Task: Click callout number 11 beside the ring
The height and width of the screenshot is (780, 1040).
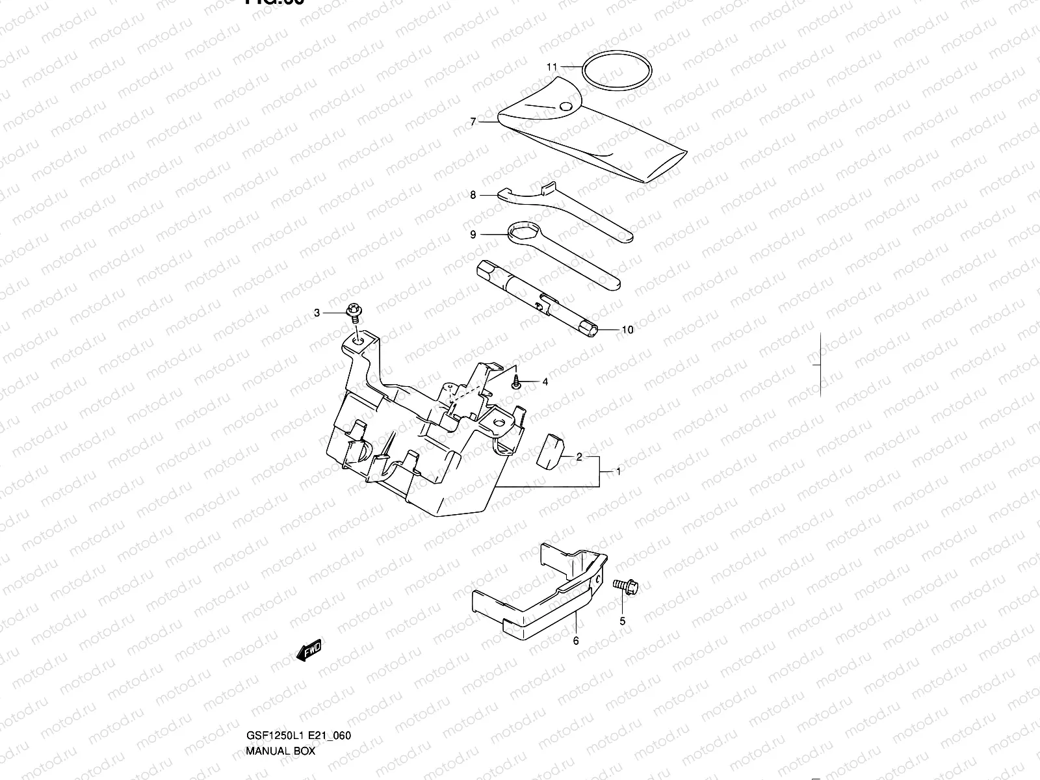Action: pos(552,67)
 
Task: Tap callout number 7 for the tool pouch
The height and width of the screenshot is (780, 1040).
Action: pos(473,122)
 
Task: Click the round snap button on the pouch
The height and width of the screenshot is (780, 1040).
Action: pos(565,106)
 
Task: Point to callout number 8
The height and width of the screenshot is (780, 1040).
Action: pos(473,194)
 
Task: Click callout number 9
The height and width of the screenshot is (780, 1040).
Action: pos(473,234)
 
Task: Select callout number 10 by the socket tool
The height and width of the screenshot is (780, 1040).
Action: pos(627,330)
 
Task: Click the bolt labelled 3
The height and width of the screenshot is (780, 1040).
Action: pos(356,312)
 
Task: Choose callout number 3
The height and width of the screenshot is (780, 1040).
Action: pos(317,313)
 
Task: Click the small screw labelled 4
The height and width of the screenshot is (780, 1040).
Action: pos(516,382)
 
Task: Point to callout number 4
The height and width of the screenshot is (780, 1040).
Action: pos(545,382)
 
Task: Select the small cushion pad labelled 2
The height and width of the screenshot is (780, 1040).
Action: pos(550,450)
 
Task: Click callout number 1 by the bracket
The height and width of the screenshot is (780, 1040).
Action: pos(618,472)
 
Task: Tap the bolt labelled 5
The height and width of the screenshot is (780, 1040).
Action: pos(625,587)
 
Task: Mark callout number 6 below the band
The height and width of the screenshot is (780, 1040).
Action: pos(576,640)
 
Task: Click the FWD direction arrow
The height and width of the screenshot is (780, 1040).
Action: pos(309,651)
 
